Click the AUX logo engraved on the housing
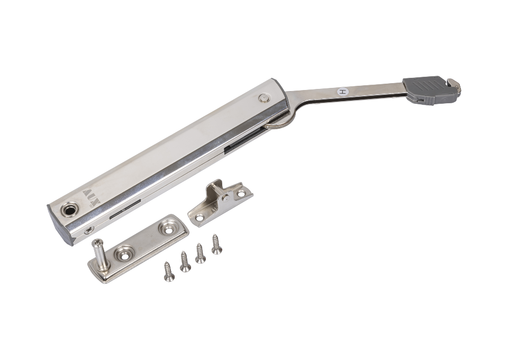click(x=92, y=197)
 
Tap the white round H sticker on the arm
click(x=343, y=92)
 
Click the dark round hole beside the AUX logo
click(x=69, y=210)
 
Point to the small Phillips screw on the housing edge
click(x=89, y=231)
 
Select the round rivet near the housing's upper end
click(x=265, y=98)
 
